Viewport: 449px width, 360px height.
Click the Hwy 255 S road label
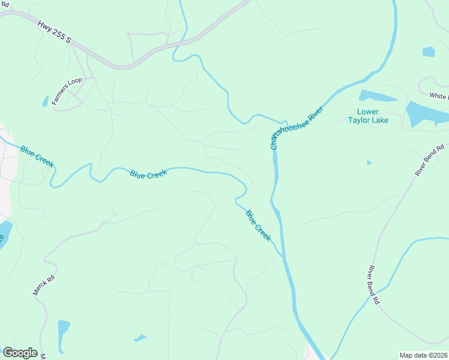(x=54, y=32)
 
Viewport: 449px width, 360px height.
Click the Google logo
(x=20, y=353)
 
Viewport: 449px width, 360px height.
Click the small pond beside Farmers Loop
(x=45, y=101)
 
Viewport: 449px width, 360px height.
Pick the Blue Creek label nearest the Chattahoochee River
(x=258, y=226)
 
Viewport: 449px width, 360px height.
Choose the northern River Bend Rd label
(x=429, y=160)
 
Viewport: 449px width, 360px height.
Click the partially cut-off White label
(x=439, y=96)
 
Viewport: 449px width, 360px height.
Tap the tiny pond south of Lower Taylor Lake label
(x=369, y=162)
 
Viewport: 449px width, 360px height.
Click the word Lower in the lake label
(x=368, y=112)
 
